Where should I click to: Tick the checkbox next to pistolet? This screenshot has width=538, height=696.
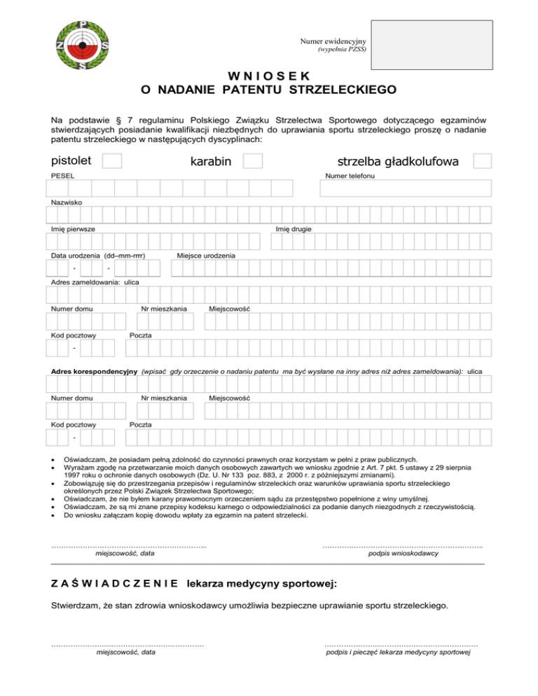[112, 161]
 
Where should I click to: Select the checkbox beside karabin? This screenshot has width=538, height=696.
[253, 162]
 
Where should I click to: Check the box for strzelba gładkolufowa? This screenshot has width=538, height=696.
[481, 161]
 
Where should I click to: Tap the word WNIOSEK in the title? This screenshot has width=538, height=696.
[268, 76]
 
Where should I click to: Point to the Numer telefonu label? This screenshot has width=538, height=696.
[347, 175]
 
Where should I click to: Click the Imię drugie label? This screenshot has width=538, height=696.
[294, 229]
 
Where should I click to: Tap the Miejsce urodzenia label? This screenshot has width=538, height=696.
[207, 256]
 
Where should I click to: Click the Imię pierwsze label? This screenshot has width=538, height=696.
[73, 229]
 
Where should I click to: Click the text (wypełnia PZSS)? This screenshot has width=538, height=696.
[343, 51]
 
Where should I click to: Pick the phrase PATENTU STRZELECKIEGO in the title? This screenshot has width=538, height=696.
[309, 90]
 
